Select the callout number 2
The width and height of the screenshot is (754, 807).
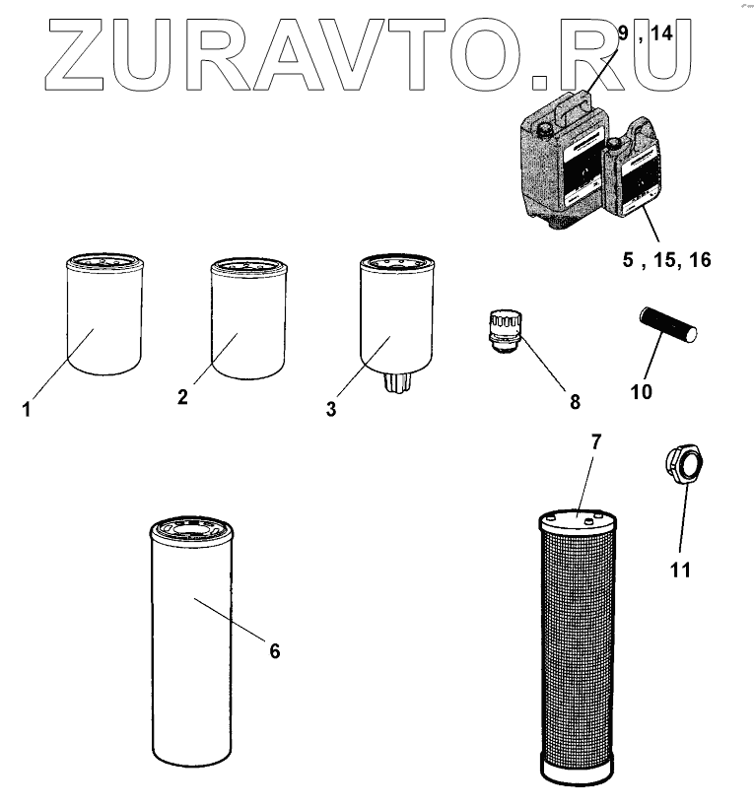[x=182, y=397]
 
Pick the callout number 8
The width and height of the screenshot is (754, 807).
[x=575, y=401]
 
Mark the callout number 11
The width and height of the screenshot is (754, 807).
[x=680, y=570]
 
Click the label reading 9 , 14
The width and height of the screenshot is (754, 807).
[x=645, y=34]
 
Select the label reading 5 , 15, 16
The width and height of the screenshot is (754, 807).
[x=665, y=260]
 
